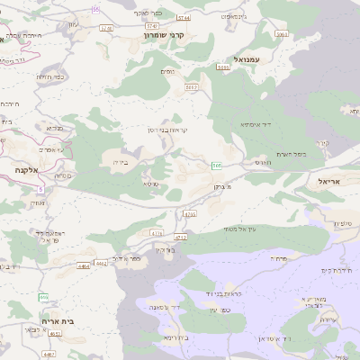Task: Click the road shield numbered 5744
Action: [184, 17]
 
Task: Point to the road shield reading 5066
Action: [223, 67]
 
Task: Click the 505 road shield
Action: [217, 166]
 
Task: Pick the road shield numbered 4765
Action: [189, 214]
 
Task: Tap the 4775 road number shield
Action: [157, 233]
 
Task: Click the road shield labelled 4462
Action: [100, 264]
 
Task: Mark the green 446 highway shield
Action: [43, 297]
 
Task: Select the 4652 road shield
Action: [55, 334]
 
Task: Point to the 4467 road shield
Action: [49, 355]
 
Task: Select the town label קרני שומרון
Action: [164, 34]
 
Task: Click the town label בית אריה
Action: [58, 320]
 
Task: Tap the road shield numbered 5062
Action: [191, 87]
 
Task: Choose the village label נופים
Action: [166, 71]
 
